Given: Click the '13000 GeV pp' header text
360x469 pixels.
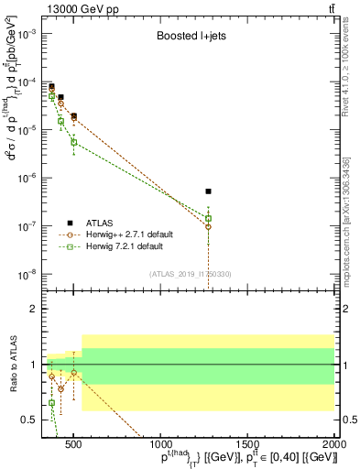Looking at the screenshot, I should pyautogui.click(x=77, y=8).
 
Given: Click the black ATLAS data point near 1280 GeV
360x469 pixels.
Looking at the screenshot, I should pyautogui.click(x=209, y=191).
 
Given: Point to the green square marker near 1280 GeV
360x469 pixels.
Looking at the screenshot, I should pyautogui.click(x=209, y=219).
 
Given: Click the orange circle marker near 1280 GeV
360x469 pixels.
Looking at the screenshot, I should pyautogui.click(x=209, y=226).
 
